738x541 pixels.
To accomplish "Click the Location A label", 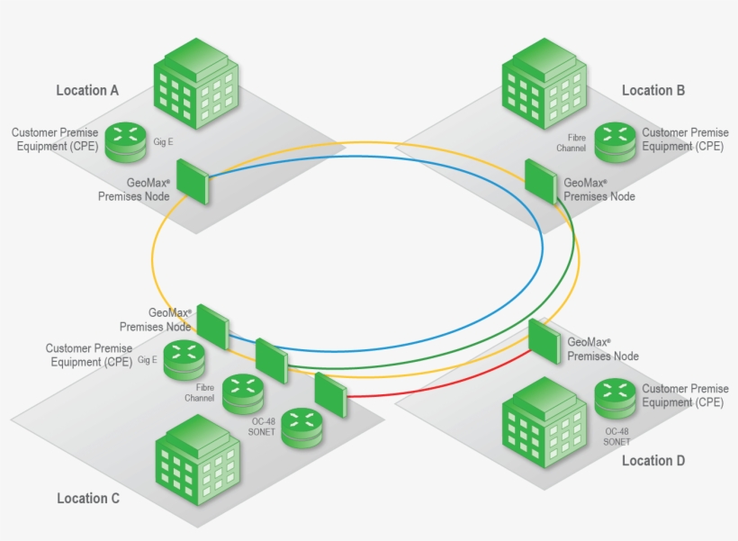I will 87,90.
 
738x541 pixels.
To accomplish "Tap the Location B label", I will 653,90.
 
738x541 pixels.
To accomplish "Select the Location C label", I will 87,498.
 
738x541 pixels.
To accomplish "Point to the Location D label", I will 653,460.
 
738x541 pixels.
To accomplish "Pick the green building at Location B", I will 544,83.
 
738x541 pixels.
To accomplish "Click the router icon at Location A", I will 126,141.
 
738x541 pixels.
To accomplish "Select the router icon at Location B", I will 616,141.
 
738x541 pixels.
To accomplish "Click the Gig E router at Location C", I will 185,359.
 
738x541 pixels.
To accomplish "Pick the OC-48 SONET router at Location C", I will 303,428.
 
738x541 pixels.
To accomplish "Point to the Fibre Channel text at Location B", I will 572,141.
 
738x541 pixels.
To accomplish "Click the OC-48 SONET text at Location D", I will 616,437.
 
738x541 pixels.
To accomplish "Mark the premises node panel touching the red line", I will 330,393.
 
